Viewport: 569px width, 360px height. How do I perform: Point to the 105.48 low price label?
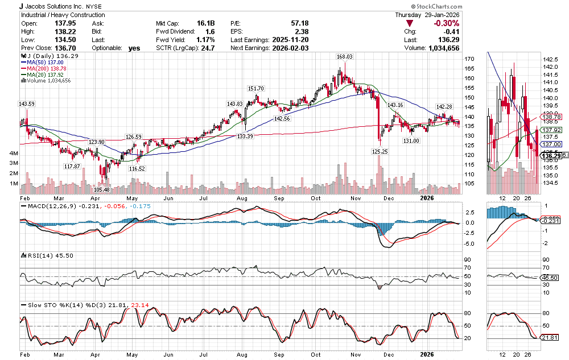[x=102, y=189]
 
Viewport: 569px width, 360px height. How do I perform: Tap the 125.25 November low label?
[x=380, y=151]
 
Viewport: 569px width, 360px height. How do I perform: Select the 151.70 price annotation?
[x=256, y=88]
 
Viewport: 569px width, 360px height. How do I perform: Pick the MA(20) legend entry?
[x=46, y=74]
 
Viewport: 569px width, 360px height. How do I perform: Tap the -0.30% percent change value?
[x=447, y=23]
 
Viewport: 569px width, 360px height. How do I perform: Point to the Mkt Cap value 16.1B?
[x=205, y=23]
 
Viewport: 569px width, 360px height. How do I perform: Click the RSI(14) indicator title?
[x=40, y=256]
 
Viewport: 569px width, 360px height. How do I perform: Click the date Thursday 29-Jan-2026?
[x=427, y=15]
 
